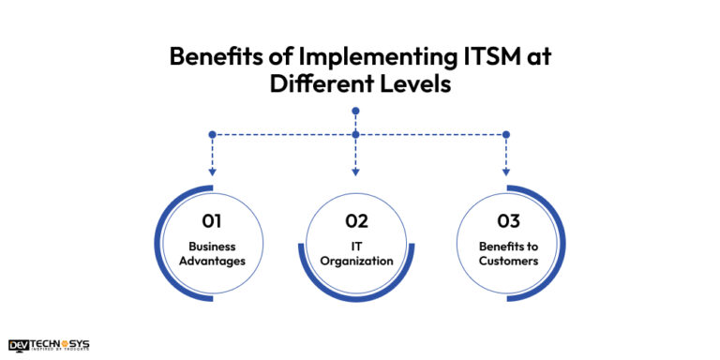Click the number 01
[212, 221]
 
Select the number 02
[355, 221]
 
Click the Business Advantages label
[212, 253]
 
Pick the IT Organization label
[355, 253]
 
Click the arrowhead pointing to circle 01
[213, 172]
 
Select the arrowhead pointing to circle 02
[355, 172]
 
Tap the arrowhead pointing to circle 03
[506, 172]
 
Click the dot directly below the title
[355, 111]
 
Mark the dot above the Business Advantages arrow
[213, 134]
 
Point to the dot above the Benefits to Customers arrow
[506, 134]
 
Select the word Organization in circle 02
[355, 261]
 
